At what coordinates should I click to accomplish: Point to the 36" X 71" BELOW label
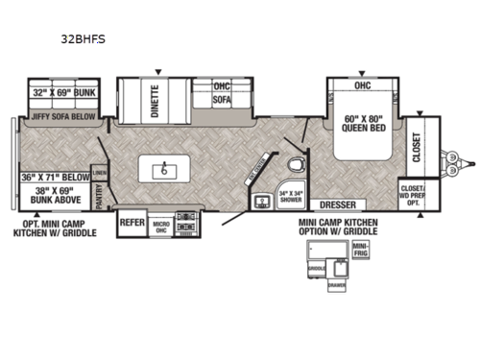(x=54, y=177)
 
